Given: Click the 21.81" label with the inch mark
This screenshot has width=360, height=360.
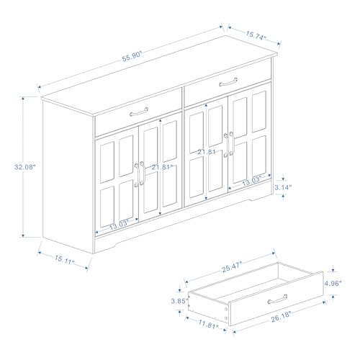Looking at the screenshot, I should tap(163, 167).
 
